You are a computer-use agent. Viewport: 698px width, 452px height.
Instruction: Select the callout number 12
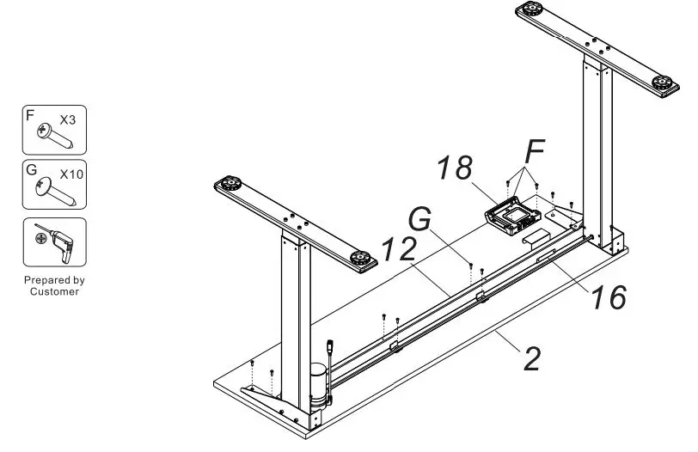(398, 250)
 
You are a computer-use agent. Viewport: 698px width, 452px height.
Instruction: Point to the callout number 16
(607, 296)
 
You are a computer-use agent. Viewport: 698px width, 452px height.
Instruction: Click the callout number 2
(532, 358)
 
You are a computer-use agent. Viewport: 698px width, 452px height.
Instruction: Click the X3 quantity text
(69, 121)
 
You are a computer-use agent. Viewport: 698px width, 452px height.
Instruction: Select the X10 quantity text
(71, 174)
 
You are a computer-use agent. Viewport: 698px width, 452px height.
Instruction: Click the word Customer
(54, 291)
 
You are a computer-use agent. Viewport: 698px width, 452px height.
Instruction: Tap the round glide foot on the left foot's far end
(230, 184)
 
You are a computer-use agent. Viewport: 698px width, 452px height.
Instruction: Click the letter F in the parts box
(31, 114)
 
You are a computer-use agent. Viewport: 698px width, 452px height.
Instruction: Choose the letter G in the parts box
(32, 169)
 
